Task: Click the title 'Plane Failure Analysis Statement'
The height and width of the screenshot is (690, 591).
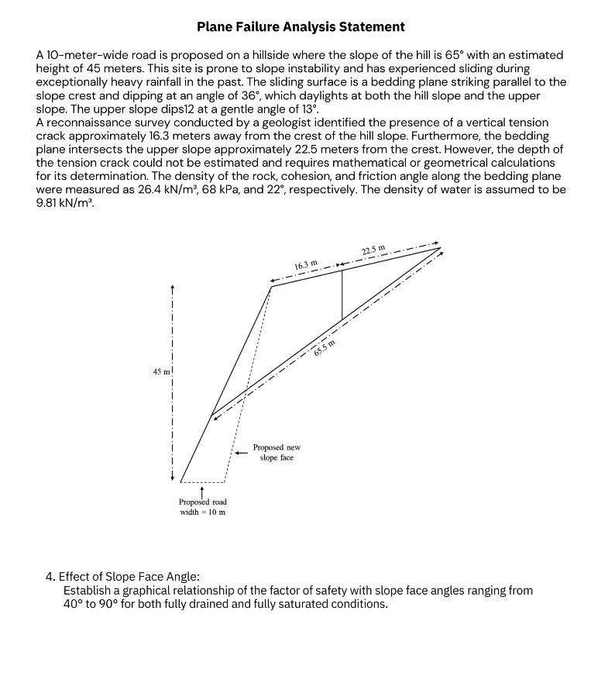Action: tap(301, 27)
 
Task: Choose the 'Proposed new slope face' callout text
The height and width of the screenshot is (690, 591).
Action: tap(277, 452)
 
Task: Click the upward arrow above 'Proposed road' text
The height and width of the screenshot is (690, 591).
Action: tap(202, 491)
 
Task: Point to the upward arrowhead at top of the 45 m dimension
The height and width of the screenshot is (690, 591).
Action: tap(173, 288)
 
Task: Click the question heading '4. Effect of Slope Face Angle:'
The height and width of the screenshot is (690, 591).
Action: tap(122, 576)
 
